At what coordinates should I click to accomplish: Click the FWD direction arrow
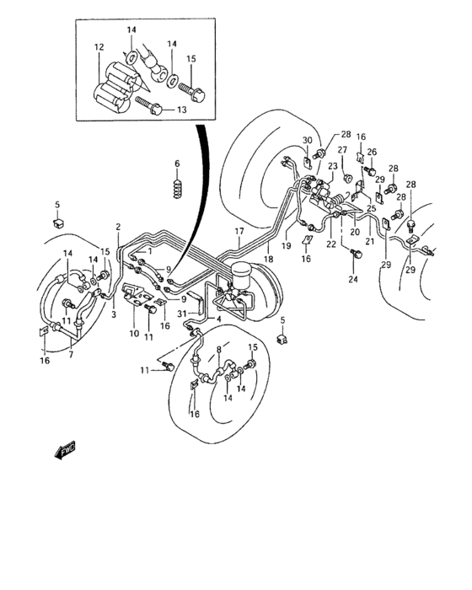[65, 449]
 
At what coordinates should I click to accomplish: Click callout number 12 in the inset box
[99, 47]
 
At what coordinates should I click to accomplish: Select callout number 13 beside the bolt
[182, 110]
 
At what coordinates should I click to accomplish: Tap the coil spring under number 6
[177, 188]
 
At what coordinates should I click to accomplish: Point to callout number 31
[182, 313]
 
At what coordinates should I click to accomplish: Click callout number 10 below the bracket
[134, 334]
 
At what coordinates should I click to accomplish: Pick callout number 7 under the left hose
[71, 354]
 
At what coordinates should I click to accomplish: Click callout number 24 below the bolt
[353, 279]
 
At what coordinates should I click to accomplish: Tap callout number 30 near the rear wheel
[308, 141]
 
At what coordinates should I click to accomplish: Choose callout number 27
[342, 150]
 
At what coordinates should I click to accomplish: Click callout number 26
[372, 152]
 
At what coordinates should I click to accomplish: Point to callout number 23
[333, 166]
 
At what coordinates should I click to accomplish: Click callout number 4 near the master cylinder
[219, 319]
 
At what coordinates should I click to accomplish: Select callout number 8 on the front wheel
[219, 350]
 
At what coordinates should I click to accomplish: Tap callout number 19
[287, 246]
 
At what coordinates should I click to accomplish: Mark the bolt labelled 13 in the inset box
[148, 105]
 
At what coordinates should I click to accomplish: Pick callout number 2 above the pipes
[118, 227]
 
